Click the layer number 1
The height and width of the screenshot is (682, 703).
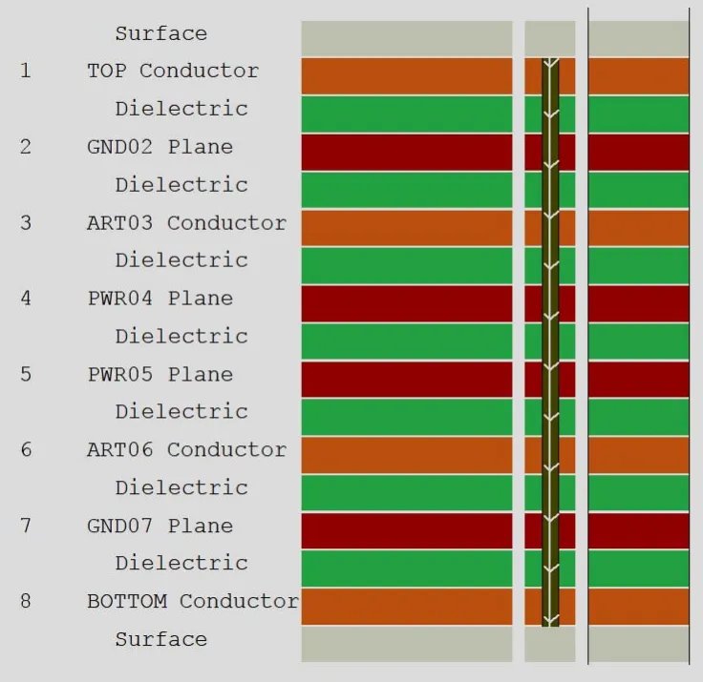[26, 71]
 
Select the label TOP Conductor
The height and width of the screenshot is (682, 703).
[173, 71]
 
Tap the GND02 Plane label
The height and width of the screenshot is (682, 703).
[160, 147]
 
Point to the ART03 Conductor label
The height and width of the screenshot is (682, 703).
[186, 223]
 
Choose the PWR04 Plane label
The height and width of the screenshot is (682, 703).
[160, 299]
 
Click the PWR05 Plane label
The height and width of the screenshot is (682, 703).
[160, 374]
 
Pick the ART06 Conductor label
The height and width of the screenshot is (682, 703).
[186, 449]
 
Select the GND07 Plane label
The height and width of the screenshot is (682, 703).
[160, 526]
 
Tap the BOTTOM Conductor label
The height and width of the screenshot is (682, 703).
[193, 601]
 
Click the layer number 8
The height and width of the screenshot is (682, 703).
[26, 601]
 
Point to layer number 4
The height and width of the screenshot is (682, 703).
[26, 299]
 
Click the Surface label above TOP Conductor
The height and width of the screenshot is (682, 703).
[161, 33]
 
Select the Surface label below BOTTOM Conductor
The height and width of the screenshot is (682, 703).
[161, 639]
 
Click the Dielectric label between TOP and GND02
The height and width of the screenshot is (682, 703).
[181, 109]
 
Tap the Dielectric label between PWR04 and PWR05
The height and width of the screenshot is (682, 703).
[181, 337]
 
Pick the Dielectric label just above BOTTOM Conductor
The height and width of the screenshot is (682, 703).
[181, 563]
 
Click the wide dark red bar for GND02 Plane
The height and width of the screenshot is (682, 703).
[407, 153]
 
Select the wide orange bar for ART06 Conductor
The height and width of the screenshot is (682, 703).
[407, 455]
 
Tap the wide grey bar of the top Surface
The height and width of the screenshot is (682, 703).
[407, 38]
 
